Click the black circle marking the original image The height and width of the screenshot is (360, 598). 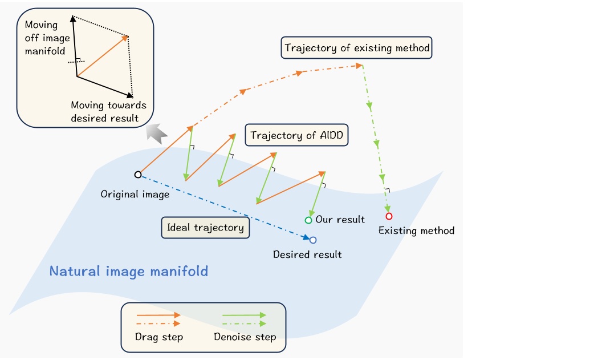137,175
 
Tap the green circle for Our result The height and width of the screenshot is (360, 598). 308,220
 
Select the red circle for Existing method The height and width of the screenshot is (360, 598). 389,216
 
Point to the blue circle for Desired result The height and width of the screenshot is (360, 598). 313,240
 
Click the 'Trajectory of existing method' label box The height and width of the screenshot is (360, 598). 357,48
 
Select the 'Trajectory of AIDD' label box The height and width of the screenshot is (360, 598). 296,136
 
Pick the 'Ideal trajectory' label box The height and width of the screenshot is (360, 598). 205,228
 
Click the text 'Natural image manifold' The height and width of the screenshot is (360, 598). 129,271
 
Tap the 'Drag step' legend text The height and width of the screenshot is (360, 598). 159,337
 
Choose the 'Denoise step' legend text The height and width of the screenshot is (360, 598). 245,337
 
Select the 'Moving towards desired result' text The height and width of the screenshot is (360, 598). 108,111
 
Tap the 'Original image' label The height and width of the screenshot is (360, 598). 135,195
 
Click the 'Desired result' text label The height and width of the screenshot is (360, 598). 307,254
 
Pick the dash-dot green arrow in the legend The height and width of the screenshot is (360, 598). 244,323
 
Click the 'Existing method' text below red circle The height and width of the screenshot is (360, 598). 417,230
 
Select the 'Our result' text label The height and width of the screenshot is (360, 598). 340,220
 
